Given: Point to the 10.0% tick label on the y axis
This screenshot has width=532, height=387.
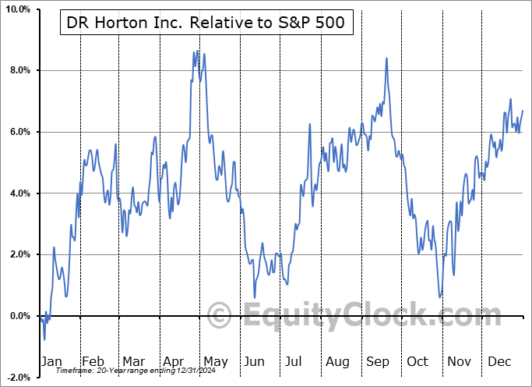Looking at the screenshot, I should pyautogui.click(x=16, y=9).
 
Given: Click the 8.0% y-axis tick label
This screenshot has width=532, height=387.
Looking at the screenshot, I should pyautogui.click(x=18, y=71).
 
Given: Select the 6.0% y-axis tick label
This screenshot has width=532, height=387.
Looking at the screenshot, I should pyautogui.click(x=18, y=132).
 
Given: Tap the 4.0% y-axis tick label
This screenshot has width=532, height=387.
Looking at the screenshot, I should pyautogui.click(x=18, y=193).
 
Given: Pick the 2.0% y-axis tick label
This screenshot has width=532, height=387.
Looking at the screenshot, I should pyautogui.click(x=18, y=254).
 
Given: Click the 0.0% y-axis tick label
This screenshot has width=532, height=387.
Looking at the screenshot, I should pyautogui.click(x=18, y=316).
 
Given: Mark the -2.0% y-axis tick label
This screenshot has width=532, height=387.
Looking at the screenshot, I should pyautogui.click(x=16, y=378).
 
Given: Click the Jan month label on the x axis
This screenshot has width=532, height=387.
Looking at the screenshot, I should pyautogui.click(x=51, y=361).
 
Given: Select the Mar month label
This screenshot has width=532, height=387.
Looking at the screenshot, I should pyautogui.click(x=133, y=361).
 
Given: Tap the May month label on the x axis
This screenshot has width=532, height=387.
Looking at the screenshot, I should pyautogui.click(x=215, y=361).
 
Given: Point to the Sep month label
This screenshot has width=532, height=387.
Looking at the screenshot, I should pyautogui.click(x=378, y=361).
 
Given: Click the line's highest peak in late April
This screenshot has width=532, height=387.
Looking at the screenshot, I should pyautogui.click(x=198, y=51).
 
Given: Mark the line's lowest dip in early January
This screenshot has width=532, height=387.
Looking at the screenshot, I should pyautogui.click(x=44, y=339).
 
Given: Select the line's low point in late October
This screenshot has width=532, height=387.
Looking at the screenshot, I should pyautogui.click(x=441, y=297).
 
